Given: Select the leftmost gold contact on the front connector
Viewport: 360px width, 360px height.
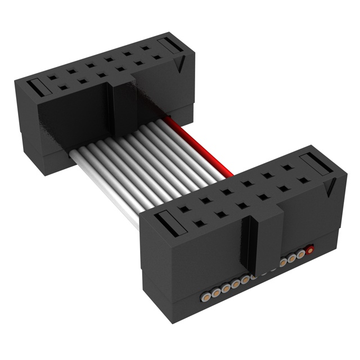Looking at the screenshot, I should tap(206, 294).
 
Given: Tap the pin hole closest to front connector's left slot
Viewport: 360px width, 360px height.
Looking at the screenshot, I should tap(197, 223).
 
